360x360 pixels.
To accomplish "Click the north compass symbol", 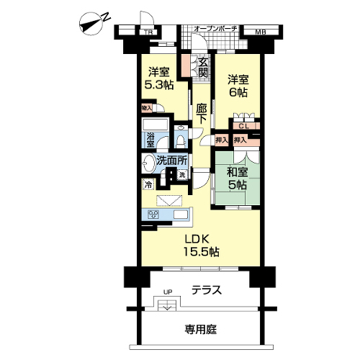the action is [92, 24].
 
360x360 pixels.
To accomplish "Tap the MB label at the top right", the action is [261, 32].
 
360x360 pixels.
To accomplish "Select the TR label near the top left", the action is [149, 32].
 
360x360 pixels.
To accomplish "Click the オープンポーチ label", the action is [215, 29].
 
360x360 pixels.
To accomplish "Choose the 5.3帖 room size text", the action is [159, 84].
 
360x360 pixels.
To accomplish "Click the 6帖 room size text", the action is [238, 92].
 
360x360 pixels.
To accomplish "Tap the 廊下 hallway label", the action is [201, 114].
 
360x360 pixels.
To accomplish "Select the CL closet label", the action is [244, 126].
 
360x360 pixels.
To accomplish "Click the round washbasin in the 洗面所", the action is [148, 163].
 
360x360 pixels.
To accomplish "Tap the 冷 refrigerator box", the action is [148, 184].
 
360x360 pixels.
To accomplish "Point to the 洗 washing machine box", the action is [182, 174].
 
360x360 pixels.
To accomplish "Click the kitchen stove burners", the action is [153, 215].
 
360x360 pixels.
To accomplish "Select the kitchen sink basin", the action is [181, 215].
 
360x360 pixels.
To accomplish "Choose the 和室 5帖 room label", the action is [237, 179].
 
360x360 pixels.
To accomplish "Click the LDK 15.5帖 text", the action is [201, 246].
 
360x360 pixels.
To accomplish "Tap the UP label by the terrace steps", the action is [168, 292].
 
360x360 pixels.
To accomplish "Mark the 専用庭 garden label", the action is [201, 330].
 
